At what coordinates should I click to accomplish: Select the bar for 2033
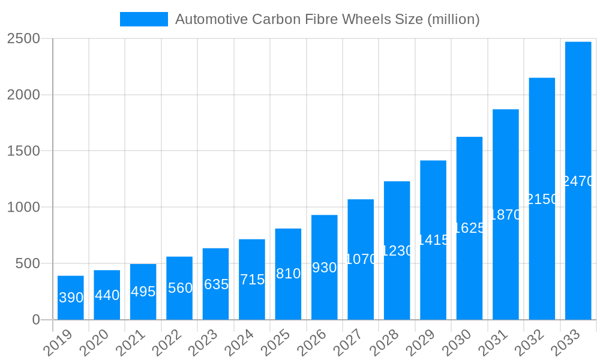click(x=578, y=181)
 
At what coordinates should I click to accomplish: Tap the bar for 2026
click(x=324, y=267)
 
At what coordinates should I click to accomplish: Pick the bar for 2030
click(x=469, y=228)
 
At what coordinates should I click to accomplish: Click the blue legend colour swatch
click(x=144, y=19)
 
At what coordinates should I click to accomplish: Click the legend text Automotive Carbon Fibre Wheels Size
click(x=327, y=19)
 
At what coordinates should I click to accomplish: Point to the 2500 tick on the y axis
click(x=23, y=38)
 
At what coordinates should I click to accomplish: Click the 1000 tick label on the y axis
click(x=23, y=208)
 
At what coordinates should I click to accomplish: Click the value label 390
click(x=71, y=298)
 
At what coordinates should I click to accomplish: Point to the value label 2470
click(x=578, y=181)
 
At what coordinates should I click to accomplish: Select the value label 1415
click(x=433, y=240)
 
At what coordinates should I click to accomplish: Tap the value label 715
click(x=252, y=280)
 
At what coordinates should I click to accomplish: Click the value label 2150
click(x=542, y=199)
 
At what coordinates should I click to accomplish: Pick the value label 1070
click(x=361, y=259)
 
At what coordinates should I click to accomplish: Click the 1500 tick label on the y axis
click(x=23, y=151)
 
